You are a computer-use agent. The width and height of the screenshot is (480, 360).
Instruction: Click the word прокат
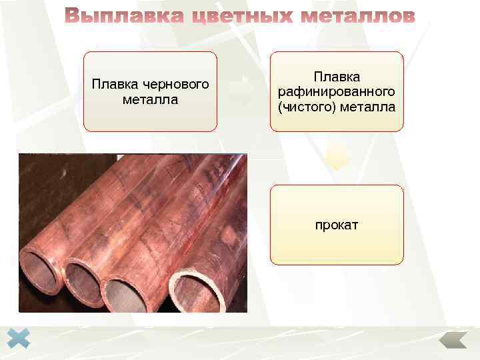point(337,225)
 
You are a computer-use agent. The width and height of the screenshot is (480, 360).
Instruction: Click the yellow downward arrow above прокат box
point(337,159)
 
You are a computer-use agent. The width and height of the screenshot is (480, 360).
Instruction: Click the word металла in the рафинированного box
point(369,106)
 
